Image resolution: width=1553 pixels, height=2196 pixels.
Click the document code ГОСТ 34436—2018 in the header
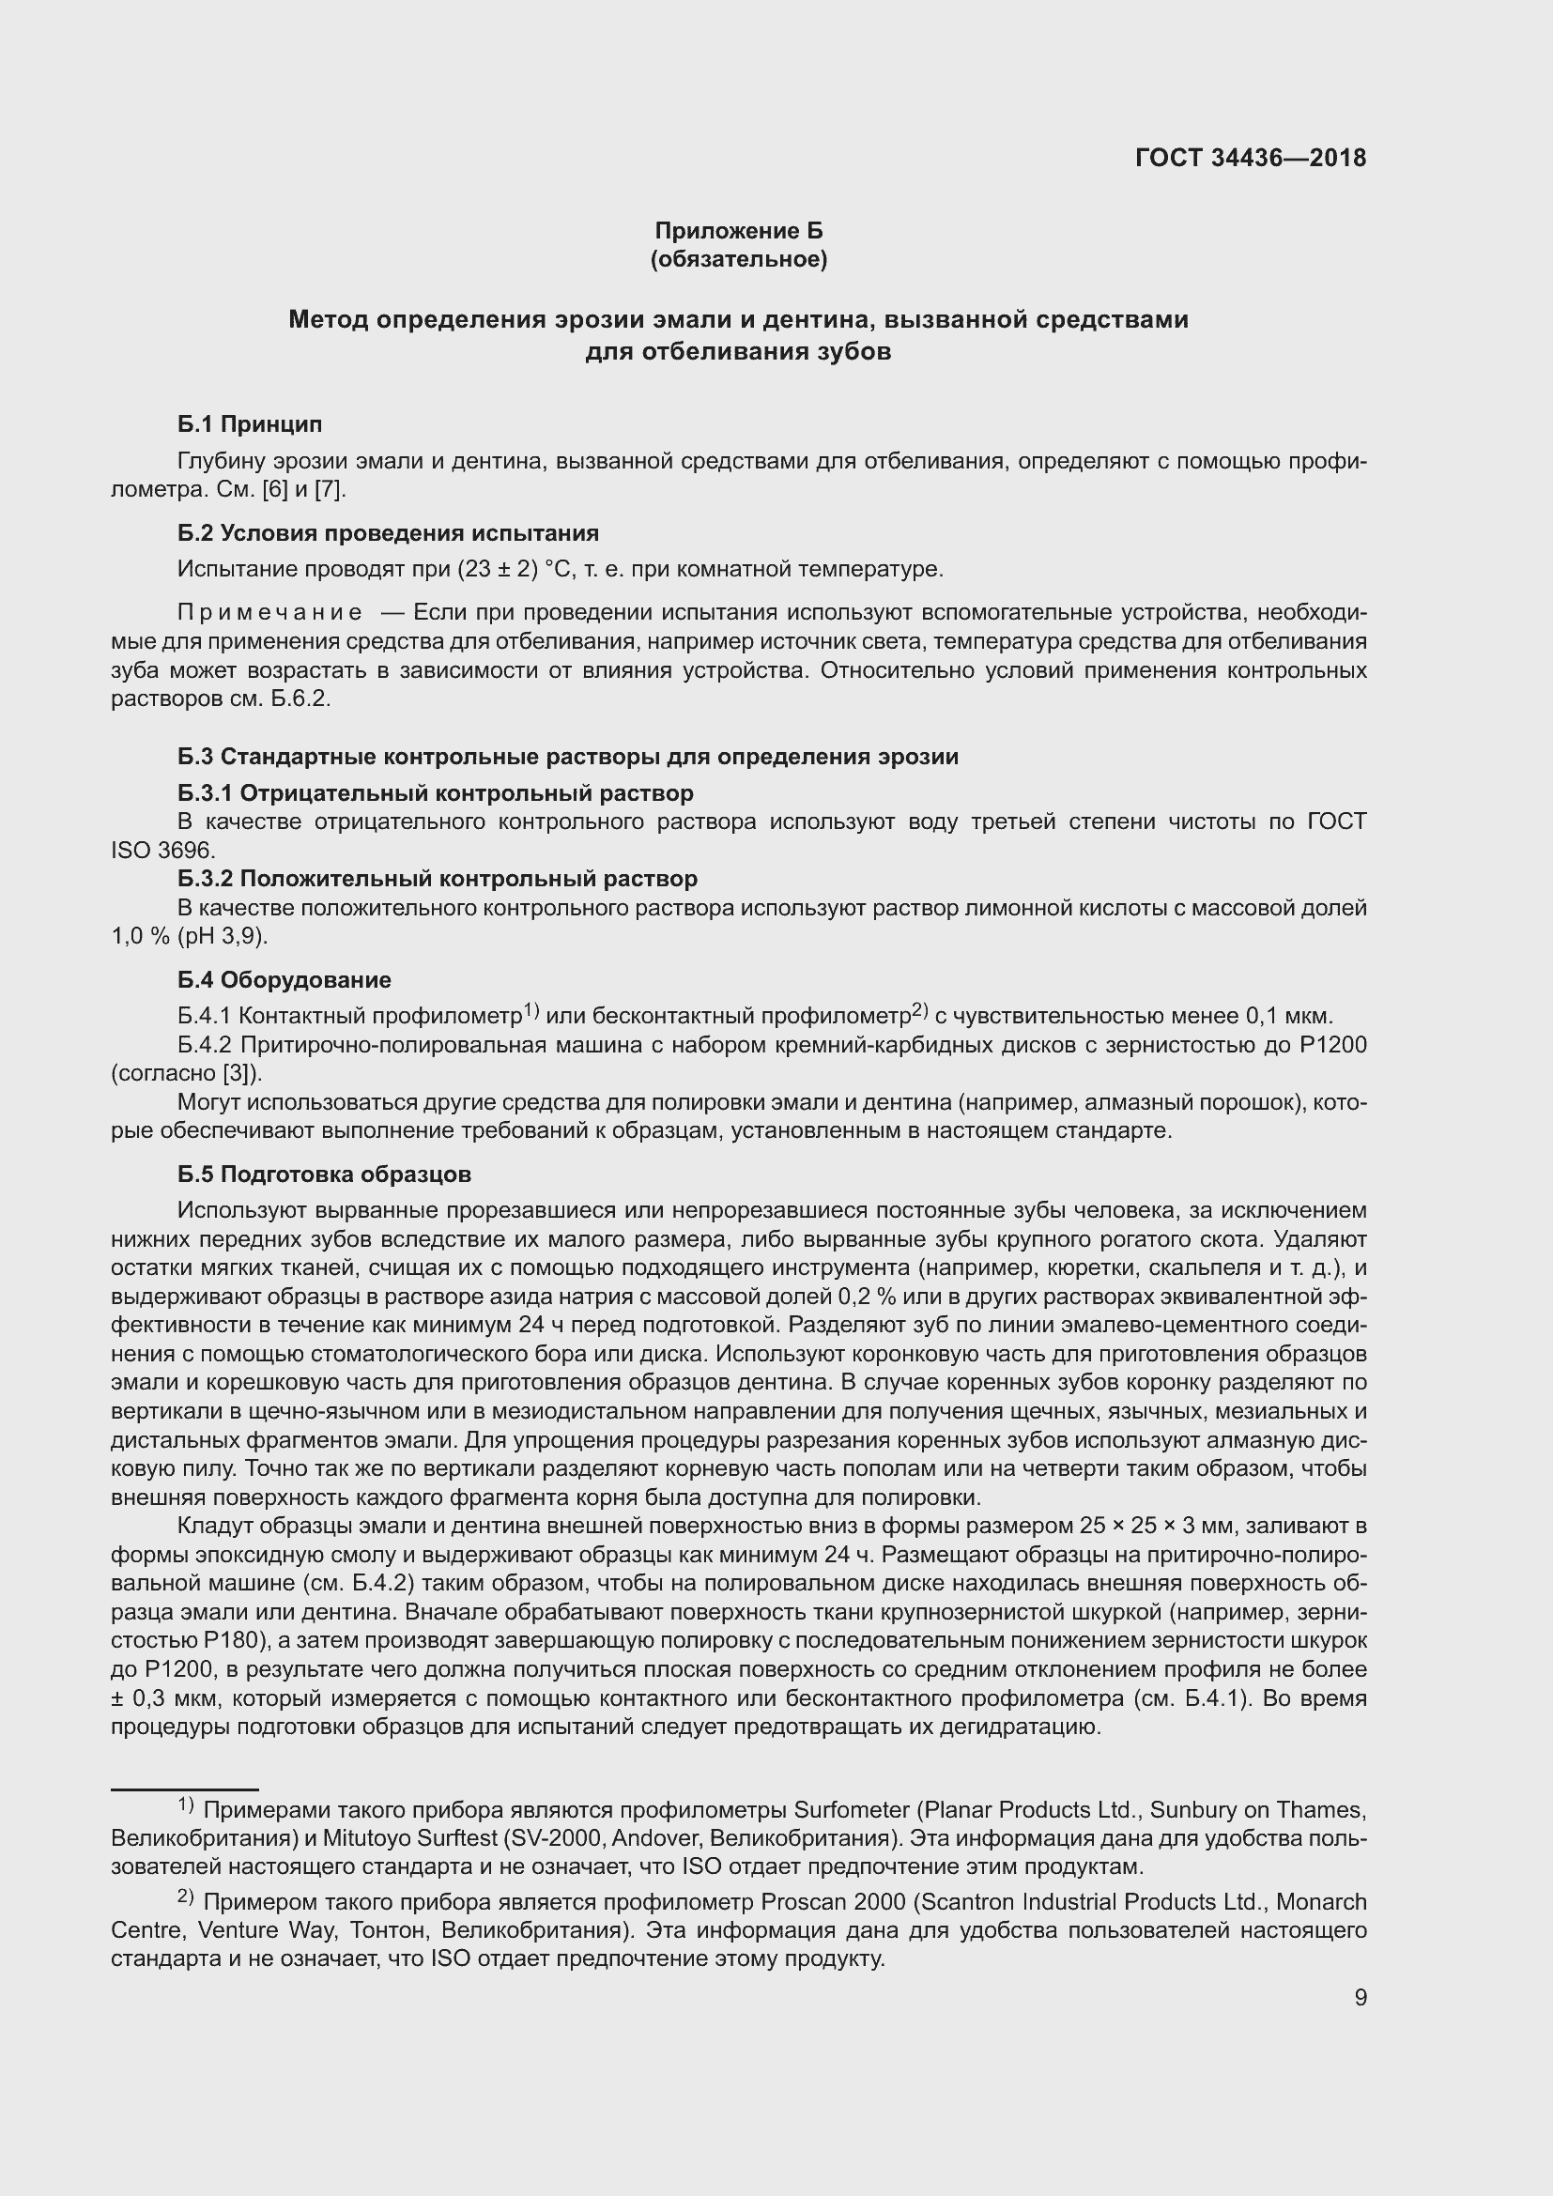[x=1250, y=158]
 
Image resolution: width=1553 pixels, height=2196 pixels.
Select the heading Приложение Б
[x=738, y=231]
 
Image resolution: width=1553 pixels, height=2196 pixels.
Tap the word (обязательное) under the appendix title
[x=738, y=259]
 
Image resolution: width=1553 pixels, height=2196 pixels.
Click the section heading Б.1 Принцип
[x=250, y=423]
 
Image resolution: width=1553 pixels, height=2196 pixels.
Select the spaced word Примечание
[x=269, y=612]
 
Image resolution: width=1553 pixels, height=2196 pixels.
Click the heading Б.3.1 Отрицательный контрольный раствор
[x=435, y=793]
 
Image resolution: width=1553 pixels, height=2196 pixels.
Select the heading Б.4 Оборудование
[x=284, y=979]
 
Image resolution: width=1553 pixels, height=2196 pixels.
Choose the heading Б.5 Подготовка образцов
[x=324, y=1174]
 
